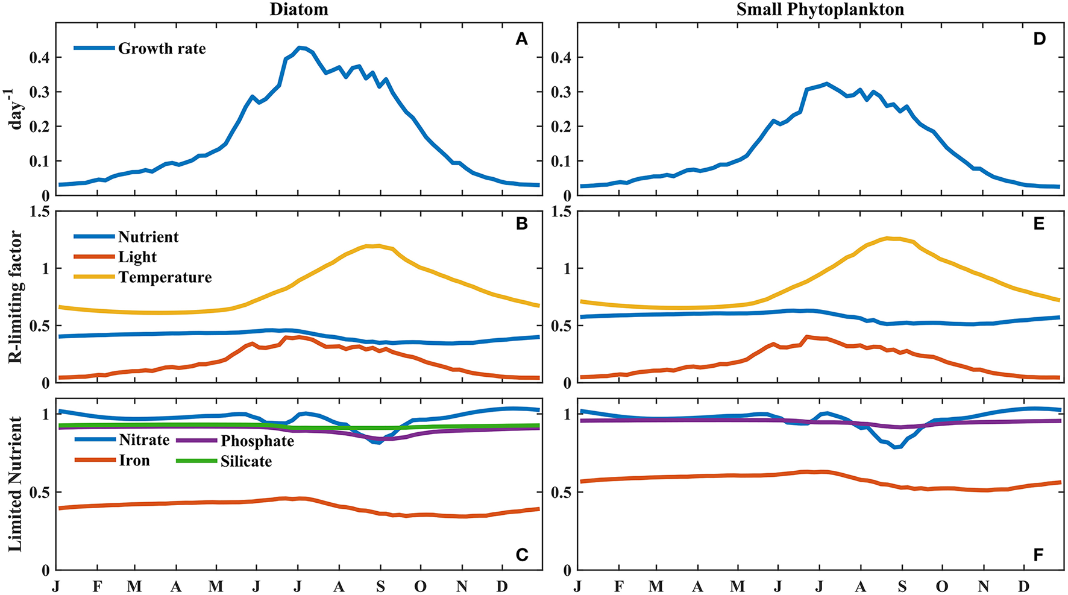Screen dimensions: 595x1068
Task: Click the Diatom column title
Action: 299,10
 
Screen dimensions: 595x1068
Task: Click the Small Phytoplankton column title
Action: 820,10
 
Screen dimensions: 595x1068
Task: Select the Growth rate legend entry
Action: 162,49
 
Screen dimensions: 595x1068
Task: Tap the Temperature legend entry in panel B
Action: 165,277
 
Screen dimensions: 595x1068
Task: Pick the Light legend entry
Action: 137,257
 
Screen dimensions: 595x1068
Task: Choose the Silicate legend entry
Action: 246,462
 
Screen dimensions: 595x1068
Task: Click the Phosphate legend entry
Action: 257,441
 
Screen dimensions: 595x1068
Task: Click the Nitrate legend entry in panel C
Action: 144,440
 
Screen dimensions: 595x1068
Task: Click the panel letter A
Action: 521,40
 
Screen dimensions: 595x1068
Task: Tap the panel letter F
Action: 1038,555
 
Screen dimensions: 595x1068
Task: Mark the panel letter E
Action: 1038,224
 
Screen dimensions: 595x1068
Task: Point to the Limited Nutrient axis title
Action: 15,484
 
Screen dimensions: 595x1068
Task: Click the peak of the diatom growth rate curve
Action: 300,47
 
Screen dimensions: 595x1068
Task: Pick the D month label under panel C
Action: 501,587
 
